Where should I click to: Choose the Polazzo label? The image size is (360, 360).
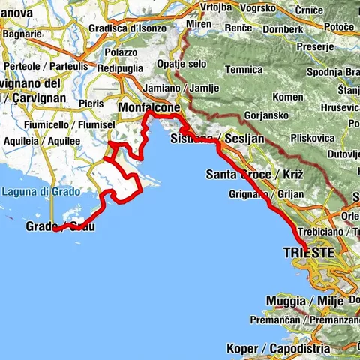click(x=121, y=53)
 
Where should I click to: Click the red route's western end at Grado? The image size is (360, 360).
click(x=56, y=229)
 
